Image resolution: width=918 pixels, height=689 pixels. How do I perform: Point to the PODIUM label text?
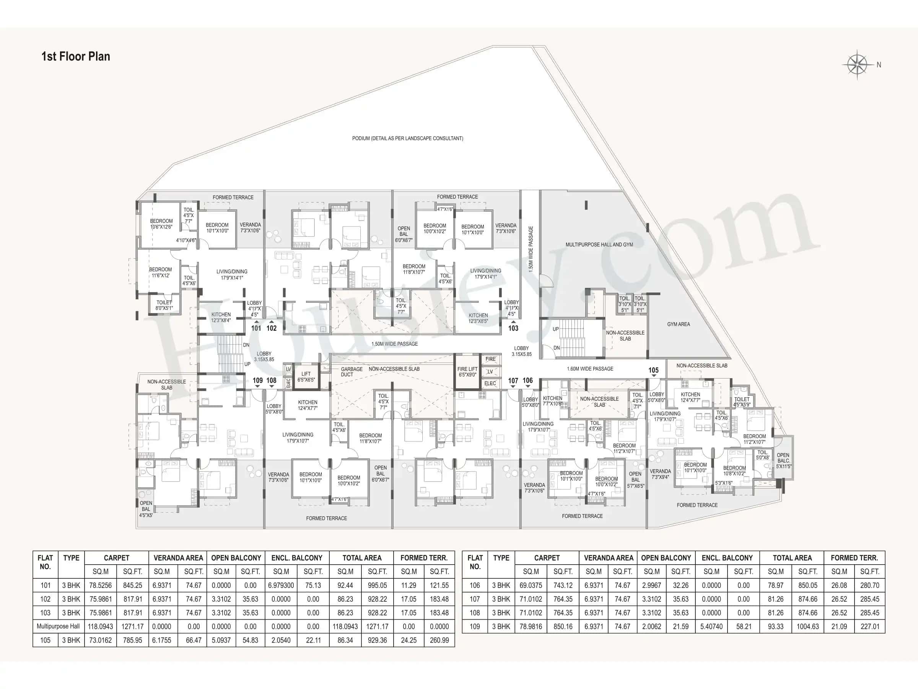tap(407, 138)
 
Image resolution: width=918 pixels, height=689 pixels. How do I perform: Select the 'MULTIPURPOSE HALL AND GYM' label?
tap(599, 245)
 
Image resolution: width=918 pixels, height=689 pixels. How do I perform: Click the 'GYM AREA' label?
tap(679, 324)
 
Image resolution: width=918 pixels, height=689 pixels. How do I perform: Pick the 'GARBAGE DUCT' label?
tap(351, 372)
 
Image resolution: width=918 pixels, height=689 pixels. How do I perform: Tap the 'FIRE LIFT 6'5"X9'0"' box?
tap(467, 372)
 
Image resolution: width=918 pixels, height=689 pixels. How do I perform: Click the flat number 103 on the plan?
tap(513, 328)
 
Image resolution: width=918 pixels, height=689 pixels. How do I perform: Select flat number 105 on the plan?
tap(653, 370)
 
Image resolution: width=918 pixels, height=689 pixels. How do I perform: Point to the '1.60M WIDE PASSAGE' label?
tap(590, 369)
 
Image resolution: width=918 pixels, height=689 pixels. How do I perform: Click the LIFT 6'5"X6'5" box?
tap(306, 377)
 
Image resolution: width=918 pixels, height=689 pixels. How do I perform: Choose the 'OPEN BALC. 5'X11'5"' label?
tap(783, 460)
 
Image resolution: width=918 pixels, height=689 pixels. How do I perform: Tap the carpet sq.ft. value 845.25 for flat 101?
tap(132, 585)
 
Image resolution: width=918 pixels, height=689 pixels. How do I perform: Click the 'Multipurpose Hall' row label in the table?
tap(58, 626)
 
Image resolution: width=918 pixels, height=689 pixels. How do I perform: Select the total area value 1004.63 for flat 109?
tap(807, 626)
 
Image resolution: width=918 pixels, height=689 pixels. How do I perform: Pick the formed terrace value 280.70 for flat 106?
tap(870, 585)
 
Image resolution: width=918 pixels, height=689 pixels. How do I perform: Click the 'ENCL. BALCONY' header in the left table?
tap(297, 558)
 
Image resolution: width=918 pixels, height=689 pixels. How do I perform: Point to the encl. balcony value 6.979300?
tap(281, 585)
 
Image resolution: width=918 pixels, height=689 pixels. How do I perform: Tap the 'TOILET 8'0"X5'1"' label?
tap(164, 305)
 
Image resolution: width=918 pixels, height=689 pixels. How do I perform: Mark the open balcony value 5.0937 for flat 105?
tap(221, 640)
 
